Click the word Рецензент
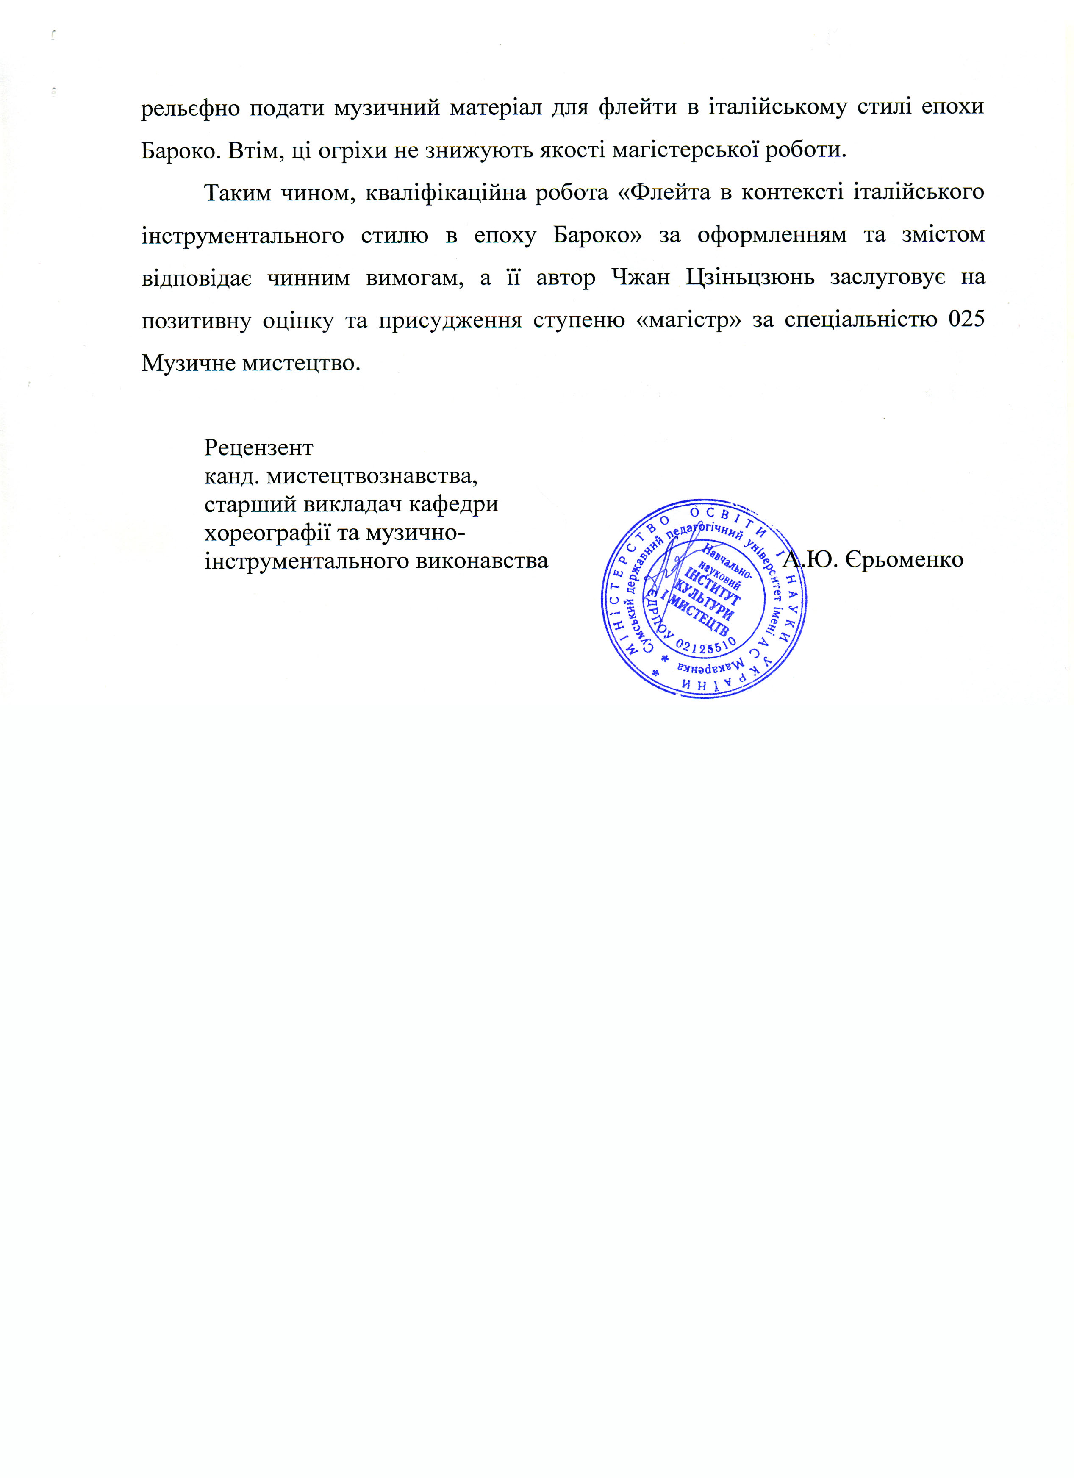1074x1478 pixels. click(x=259, y=448)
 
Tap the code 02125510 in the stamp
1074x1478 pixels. click(x=707, y=645)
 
